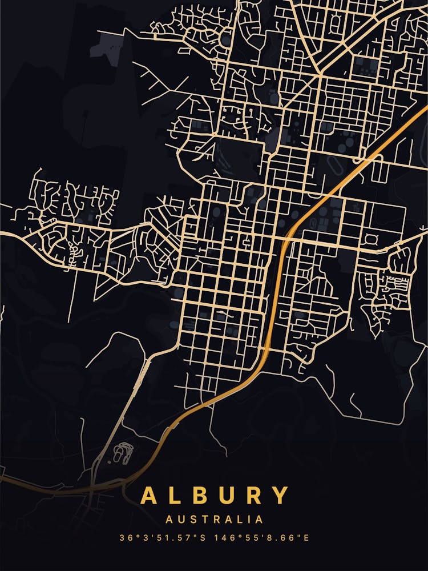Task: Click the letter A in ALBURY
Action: (150, 496)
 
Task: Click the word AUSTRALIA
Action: (215, 520)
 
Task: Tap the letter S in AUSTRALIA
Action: (191, 520)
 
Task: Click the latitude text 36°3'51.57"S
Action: (163, 538)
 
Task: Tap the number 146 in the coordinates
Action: (225, 538)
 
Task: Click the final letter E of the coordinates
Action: (306, 538)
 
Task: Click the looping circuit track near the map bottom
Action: (122, 453)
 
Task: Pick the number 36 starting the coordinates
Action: (124, 538)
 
